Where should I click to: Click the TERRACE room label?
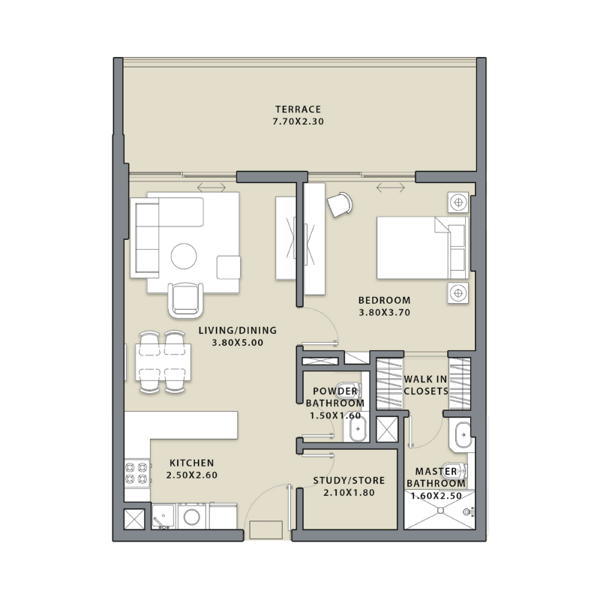298,109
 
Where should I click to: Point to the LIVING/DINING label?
238,330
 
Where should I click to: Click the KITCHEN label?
191,463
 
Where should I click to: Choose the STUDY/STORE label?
349,480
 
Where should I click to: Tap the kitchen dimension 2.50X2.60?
191,475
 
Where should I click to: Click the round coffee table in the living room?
184,256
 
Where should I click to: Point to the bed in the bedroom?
420,247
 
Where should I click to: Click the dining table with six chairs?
163,361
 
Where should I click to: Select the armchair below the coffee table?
185,299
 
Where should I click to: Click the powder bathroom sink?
356,428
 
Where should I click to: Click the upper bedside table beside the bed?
457,201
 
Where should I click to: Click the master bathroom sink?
463,433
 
